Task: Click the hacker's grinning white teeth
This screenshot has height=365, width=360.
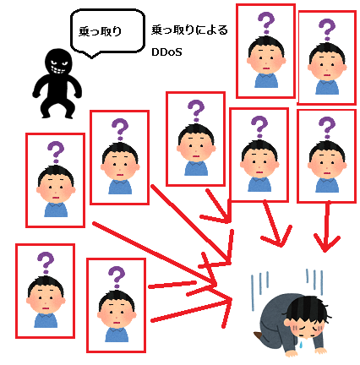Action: pos(57,69)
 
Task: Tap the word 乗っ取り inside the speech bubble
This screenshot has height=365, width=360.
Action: pos(100,31)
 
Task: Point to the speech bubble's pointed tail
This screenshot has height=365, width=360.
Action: pos(91,55)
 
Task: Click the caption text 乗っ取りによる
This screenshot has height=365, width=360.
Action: pos(189,30)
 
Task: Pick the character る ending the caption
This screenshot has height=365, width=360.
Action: pos(223,30)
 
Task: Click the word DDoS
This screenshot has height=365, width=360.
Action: pos(166,52)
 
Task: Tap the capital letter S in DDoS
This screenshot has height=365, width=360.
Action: pos(178,52)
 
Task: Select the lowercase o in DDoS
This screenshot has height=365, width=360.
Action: pos(171,53)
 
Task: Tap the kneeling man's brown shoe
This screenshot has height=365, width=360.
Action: pos(259,336)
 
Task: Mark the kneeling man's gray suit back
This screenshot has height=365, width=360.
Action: pos(275,314)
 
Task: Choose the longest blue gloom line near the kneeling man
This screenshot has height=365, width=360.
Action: pos(253,293)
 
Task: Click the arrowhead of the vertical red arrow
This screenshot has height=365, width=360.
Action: pos(326,243)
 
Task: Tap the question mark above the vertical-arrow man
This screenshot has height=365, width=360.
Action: pos(327,128)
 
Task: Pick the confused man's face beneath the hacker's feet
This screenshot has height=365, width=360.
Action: pos(56,188)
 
